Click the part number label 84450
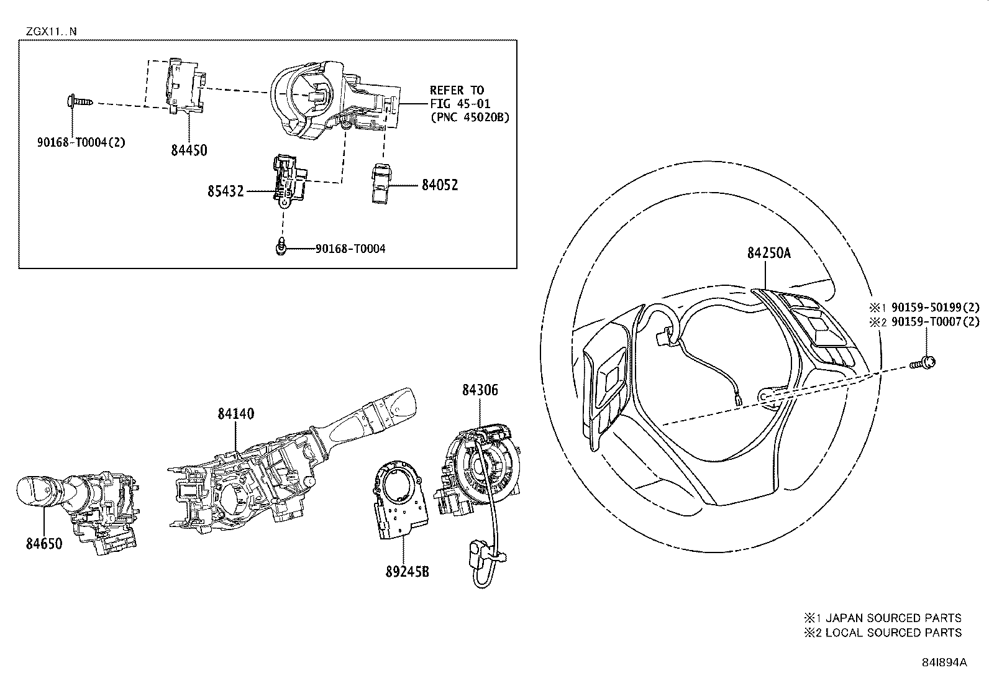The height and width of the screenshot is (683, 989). [x=188, y=150]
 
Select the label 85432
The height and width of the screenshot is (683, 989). [x=226, y=191]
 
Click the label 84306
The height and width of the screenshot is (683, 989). [x=480, y=390]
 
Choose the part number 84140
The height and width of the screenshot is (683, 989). [x=235, y=413]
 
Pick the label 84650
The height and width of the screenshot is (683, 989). [x=44, y=543]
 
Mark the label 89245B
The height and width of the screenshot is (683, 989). [x=407, y=572]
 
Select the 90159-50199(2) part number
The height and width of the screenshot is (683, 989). [x=934, y=307]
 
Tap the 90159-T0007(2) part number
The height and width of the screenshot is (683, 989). [x=934, y=321]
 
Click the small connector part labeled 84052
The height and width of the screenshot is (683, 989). [x=382, y=183]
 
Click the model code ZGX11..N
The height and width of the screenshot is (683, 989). [x=52, y=31]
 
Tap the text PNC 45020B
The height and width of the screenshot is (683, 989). [x=470, y=117]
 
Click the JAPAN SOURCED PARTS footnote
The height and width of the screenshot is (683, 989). [x=883, y=618]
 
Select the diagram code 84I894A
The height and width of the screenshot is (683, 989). [x=945, y=662]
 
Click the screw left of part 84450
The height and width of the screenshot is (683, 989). [x=77, y=100]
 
